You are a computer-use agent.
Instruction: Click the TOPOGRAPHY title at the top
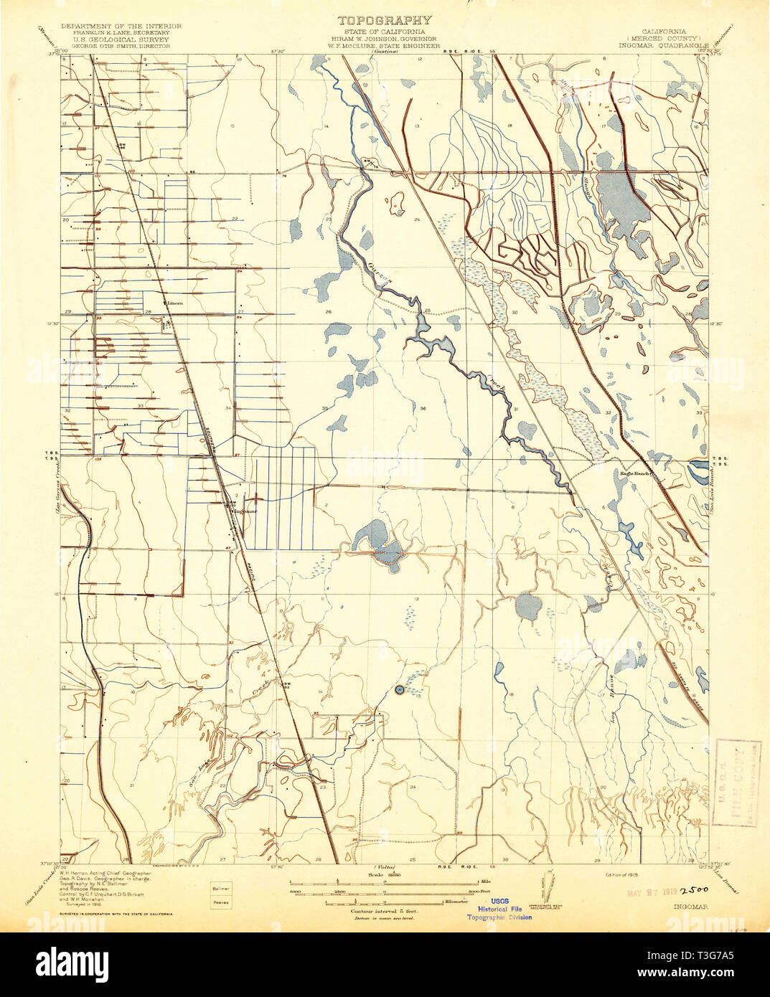(x=385, y=20)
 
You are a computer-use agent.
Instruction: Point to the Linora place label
(x=174, y=303)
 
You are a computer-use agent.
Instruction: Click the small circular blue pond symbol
(x=400, y=690)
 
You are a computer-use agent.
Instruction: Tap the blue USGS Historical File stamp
(x=500, y=909)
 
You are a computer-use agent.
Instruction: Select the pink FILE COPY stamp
(x=736, y=783)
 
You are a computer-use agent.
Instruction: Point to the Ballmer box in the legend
(x=220, y=888)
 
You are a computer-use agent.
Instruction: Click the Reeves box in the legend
(x=220, y=902)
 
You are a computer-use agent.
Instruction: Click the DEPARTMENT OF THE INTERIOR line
(x=121, y=26)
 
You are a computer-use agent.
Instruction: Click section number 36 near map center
(x=423, y=408)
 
